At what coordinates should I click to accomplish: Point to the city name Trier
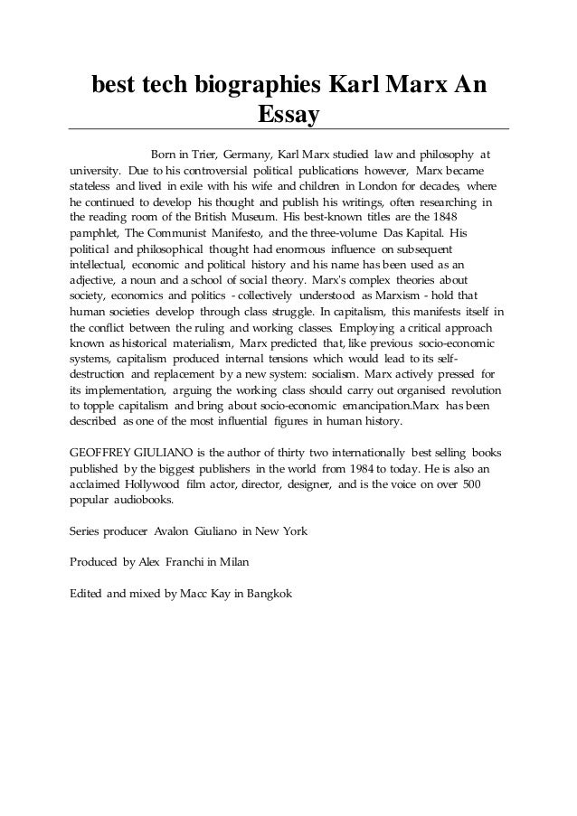(x=199, y=153)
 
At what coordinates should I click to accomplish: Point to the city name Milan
(x=230, y=563)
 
